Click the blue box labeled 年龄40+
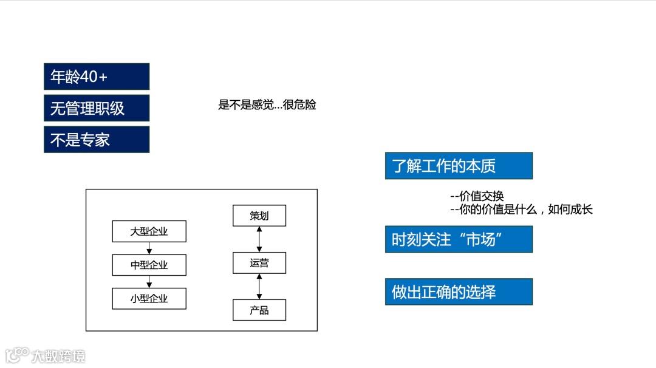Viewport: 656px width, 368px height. click(97, 77)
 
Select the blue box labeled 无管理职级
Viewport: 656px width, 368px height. click(97, 108)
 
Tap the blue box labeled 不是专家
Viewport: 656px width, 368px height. click(97, 140)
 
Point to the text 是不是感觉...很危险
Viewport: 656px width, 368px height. click(267, 105)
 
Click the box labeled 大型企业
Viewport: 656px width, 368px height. click(149, 231)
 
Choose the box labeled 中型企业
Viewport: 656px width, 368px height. click(149, 265)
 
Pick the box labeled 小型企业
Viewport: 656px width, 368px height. click(149, 298)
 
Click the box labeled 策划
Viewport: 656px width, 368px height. click(259, 216)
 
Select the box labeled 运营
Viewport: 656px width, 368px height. click(259, 263)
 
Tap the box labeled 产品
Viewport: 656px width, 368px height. click(259, 310)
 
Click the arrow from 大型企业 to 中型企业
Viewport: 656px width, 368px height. click(149, 248)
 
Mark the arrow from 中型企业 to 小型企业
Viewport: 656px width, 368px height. click(149, 282)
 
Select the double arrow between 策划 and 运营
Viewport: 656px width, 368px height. click(259, 239)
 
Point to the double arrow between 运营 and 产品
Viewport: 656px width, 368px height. click(259, 287)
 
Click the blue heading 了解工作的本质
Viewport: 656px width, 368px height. click(459, 166)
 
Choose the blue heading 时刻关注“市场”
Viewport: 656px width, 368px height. click(459, 239)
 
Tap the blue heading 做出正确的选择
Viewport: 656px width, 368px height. click(459, 291)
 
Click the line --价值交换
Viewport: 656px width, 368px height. click(477, 196)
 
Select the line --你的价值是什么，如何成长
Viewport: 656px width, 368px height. click(521, 210)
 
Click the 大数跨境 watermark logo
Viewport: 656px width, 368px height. click(46, 355)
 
